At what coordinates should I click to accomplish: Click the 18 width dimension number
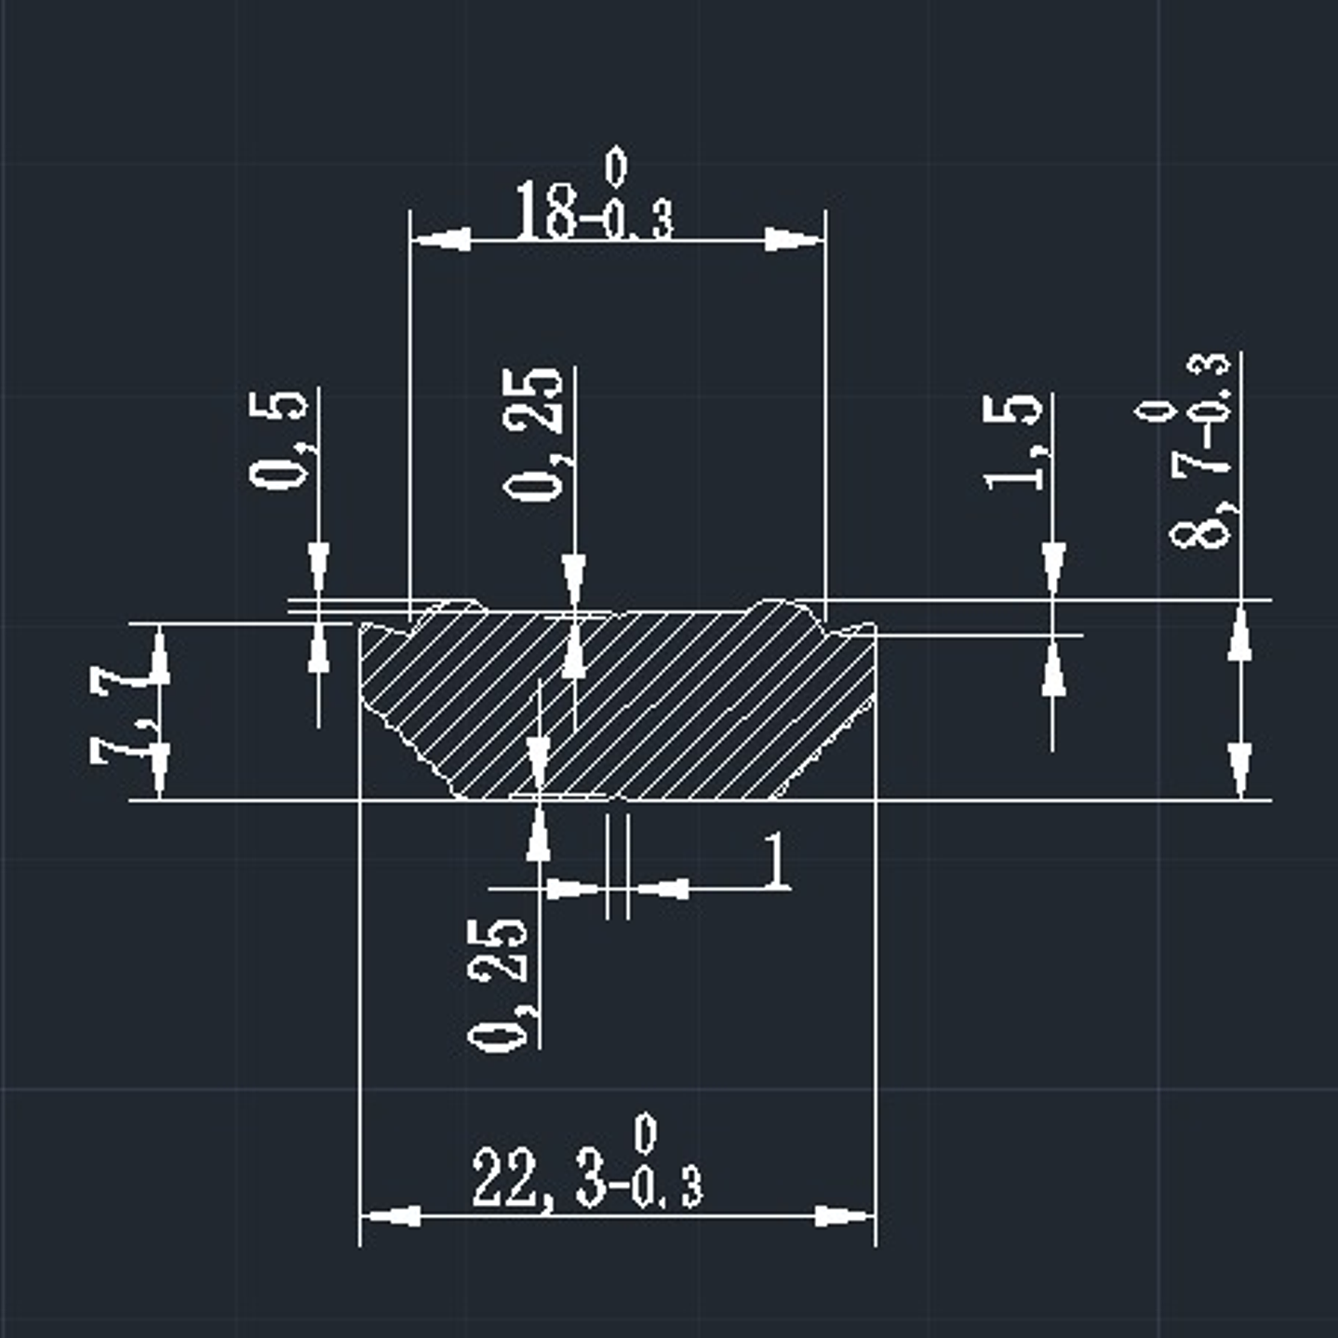click(x=546, y=211)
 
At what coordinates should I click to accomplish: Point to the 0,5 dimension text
click(x=278, y=439)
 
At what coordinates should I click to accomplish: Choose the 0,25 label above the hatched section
click(x=533, y=435)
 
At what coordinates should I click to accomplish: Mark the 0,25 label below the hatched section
click(x=499, y=985)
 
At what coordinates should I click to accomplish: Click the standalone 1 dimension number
click(x=775, y=862)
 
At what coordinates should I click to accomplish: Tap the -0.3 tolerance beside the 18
click(x=638, y=222)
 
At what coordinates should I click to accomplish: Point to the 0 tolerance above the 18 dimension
click(x=616, y=167)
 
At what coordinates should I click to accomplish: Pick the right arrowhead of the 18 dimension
click(x=794, y=240)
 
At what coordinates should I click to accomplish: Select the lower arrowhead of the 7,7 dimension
click(x=160, y=769)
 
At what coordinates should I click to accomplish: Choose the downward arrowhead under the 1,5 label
click(x=1053, y=567)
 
